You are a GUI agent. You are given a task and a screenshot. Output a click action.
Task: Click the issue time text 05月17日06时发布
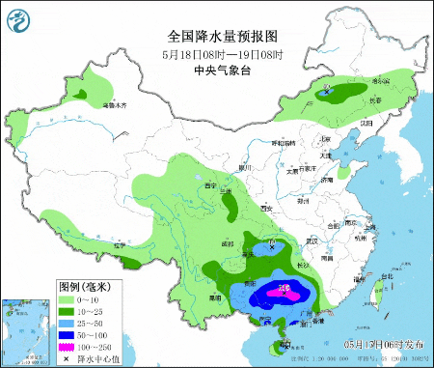382,343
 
